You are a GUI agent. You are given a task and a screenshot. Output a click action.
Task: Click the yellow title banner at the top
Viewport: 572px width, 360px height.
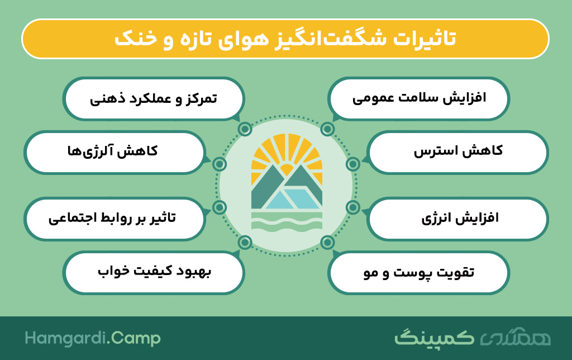(x=285, y=39)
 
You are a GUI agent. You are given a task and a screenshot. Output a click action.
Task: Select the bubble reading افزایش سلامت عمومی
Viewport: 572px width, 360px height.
(x=418, y=98)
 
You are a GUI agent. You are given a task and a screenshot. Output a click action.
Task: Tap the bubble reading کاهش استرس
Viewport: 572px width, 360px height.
(x=457, y=152)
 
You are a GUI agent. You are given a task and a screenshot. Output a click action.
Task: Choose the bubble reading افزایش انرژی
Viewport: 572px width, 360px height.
(x=457, y=219)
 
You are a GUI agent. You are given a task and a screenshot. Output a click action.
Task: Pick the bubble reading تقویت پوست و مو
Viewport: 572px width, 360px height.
(x=418, y=272)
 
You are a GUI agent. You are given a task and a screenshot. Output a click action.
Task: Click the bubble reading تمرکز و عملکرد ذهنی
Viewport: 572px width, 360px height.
(x=154, y=98)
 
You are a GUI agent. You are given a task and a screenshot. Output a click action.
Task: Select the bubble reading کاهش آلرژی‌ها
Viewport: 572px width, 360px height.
(x=115, y=152)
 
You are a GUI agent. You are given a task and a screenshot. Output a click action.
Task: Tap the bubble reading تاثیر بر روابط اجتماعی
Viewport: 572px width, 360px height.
(x=115, y=219)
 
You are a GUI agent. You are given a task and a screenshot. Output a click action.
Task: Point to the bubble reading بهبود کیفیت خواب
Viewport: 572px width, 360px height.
(x=154, y=272)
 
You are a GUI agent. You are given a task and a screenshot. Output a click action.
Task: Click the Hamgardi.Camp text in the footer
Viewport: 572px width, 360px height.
(x=93, y=338)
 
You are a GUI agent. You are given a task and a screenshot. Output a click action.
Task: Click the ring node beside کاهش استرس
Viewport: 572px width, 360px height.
(x=353, y=164)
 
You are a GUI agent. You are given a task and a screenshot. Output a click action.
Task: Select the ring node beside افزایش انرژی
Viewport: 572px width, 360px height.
(x=353, y=207)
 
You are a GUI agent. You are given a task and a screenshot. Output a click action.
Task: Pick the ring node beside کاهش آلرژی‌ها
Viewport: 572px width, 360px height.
(x=219, y=164)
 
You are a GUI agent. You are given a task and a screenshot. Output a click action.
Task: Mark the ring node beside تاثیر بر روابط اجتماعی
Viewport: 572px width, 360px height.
(x=219, y=207)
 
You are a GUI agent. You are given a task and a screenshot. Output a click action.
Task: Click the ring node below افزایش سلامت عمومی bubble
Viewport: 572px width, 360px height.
(x=327, y=129)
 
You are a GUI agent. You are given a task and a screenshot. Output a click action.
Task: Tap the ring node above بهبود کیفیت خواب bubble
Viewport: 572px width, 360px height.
(x=245, y=242)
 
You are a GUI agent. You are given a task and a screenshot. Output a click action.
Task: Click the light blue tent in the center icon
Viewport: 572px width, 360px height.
(x=294, y=198)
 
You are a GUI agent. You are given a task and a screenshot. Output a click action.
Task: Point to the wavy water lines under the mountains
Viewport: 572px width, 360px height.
(x=287, y=222)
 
